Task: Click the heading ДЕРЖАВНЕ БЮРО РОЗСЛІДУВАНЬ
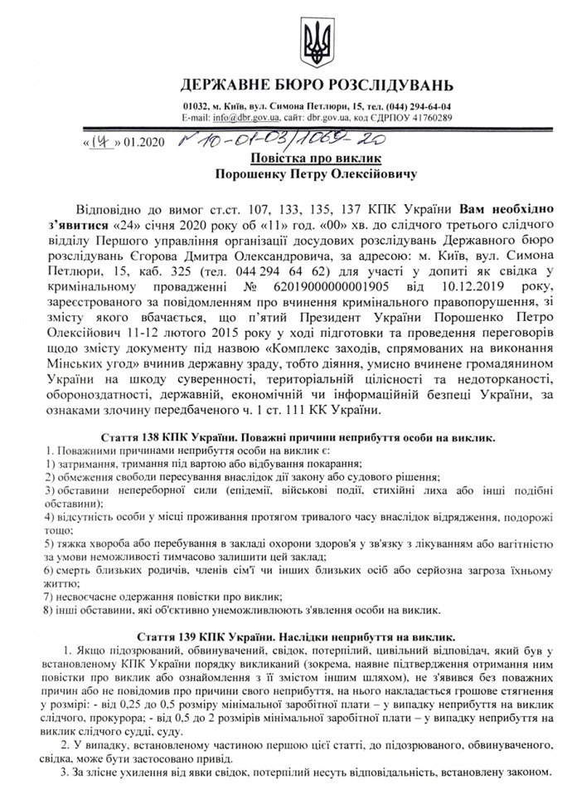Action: click(x=318, y=85)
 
